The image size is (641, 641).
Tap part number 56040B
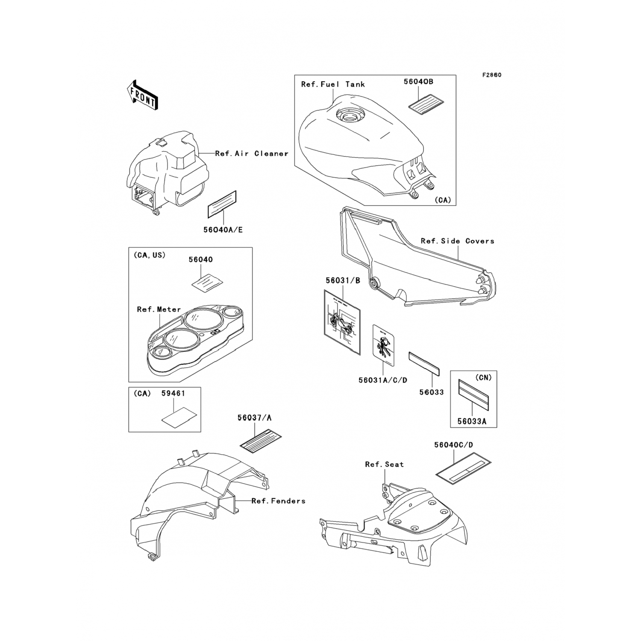point(418,82)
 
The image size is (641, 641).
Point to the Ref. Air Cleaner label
point(252,153)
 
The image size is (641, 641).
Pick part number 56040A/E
point(223,230)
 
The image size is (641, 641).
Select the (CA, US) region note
point(149,255)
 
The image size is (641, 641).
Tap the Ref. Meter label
point(159,309)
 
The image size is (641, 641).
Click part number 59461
point(173,393)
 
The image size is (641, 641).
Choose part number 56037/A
point(254,418)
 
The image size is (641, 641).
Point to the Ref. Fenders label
point(278,501)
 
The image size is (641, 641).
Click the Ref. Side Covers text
point(457,241)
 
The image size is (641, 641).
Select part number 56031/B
point(343,281)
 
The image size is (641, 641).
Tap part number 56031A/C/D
point(383,380)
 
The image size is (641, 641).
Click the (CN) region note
point(483,377)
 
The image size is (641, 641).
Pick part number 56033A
point(472,421)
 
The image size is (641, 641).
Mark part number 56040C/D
point(453,445)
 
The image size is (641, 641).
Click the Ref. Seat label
point(384,464)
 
